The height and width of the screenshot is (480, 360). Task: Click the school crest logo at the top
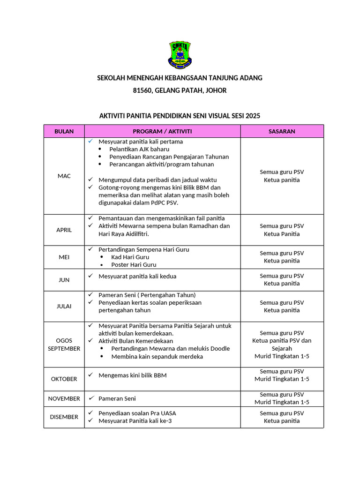(x=180, y=55)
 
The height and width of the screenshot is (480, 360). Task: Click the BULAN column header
(x=64, y=131)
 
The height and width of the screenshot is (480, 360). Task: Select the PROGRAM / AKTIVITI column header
(x=162, y=131)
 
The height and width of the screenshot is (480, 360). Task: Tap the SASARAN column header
(x=282, y=131)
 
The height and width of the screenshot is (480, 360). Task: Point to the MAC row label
(x=64, y=176)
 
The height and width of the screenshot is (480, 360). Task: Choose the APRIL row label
(x=64, y=230)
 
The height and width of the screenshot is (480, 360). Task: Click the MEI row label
(x=64, y=257)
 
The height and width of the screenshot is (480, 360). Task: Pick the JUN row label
(x=64, y=280)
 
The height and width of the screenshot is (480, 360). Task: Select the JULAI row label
(x=64, y=306)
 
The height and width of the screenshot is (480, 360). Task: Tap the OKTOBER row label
(x=64, y=379)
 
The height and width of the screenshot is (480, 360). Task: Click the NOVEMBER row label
(x=64, y=398)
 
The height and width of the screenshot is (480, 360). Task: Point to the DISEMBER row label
(x=64, y=417)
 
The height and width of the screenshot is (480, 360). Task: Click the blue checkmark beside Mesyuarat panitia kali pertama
(x=90, y=141)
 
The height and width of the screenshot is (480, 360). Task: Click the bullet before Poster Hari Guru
(x=102, y=265)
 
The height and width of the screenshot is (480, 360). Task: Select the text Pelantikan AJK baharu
(x=139, y=149)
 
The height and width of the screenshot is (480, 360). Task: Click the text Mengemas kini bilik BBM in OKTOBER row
(x=132, y=375)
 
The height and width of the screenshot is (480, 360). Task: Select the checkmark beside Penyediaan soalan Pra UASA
(x=90, y=413)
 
